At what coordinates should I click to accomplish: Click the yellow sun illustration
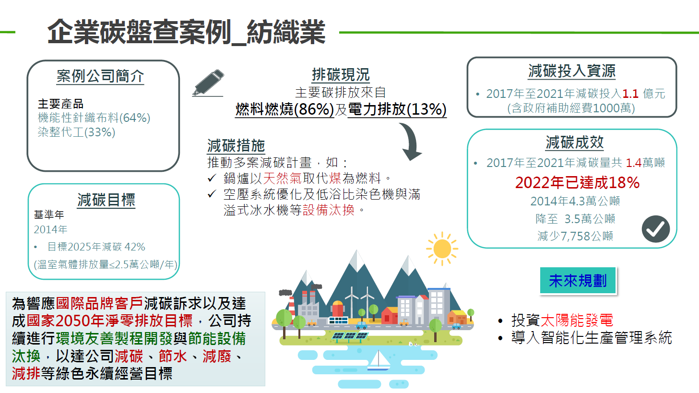tap(442, 249)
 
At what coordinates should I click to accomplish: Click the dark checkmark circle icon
tap(655, 229)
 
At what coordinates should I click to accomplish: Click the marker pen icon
tap(209, 83)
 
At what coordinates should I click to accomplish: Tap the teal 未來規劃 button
tap(578, 281)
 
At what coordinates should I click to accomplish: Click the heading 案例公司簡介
tap(100, 76)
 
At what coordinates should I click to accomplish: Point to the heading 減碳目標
tap(106, 200)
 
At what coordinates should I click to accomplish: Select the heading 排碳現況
tap(341, 74)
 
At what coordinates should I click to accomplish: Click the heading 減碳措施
tap(236, 145)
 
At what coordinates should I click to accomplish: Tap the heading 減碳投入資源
tap(571, 71)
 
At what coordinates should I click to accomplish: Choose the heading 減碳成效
tap(574, 142)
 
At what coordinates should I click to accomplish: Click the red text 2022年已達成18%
tap(577, 182)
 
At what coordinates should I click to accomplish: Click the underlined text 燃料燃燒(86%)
tap(284, 109)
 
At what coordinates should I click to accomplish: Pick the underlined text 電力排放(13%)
tap(397, 109)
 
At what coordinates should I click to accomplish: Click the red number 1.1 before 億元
tap(630, 94)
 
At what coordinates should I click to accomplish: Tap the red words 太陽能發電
tap(576, 320)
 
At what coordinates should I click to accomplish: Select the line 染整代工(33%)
tap(77, 132)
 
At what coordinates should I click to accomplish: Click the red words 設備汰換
tap(329, 210)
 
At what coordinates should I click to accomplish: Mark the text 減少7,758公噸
tap(575, 236)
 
